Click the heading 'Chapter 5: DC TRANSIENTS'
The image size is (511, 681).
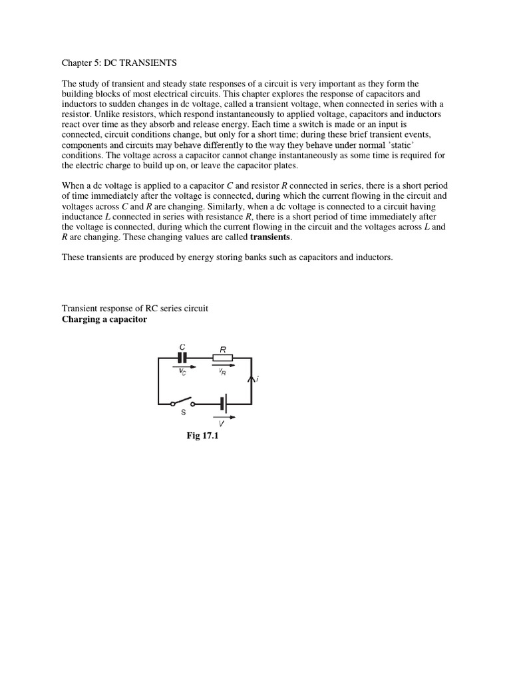coord(119,63)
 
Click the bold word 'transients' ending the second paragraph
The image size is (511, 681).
coord(270,237)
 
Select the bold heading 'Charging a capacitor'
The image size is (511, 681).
coord(104,319)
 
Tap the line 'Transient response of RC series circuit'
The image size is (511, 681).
coord(135,309)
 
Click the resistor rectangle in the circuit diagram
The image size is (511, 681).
coord(223,358)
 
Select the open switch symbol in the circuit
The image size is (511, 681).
coord(182,403)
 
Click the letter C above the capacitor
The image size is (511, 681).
coord(182,346)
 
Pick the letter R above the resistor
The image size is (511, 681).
coord(224,346)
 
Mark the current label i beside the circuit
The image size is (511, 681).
coord(257,378)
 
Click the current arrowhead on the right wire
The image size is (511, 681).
coord(252,378)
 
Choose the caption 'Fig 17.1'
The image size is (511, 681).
coord(202,436)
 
